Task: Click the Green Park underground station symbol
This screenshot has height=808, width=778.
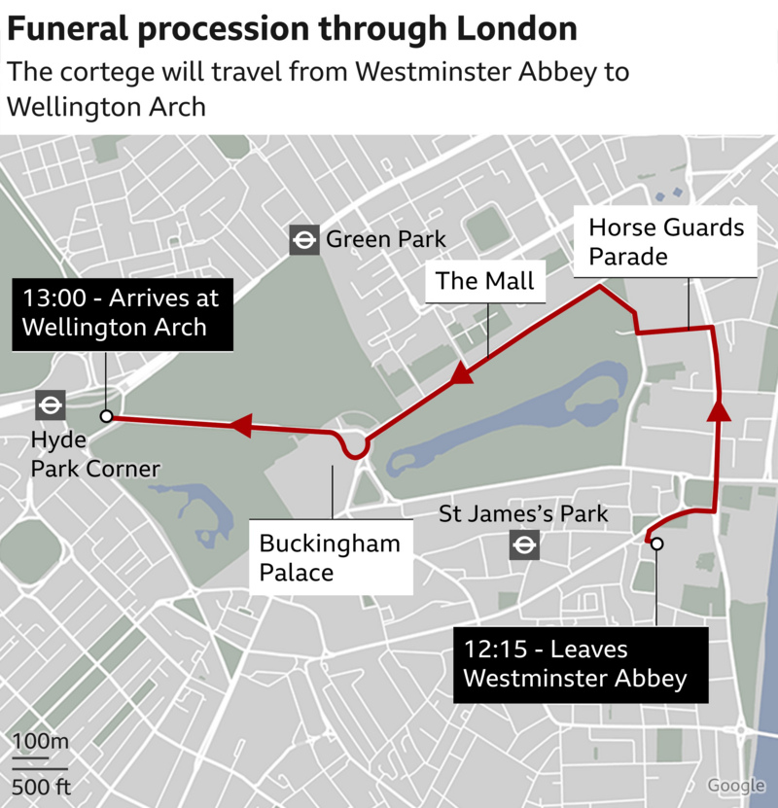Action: pyautogui.click(x=304, y=240)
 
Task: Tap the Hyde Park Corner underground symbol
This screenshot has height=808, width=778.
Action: pyautogui.click(x=50, y=404)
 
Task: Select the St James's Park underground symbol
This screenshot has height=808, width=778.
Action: pyautogui.click(x=524, y=545)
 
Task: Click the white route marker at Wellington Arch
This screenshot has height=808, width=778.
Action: pyautogui.click(x=107, y=416)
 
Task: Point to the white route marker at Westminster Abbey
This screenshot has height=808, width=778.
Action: pyautogui.click(x=656, y=544)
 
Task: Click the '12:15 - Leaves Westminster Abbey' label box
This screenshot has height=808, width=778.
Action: pyautogui.click(x=580, y=663)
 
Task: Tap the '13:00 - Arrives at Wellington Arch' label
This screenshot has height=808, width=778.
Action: pyautogui.click(x=123, y=312)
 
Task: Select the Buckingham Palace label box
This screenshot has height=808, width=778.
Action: pyautogui.click(x=330, y=558)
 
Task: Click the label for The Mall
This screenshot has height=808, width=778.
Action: pyautogui.click(x=485, y=281)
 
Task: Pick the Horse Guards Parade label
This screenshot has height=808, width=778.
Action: pyautogui.click(x=667, y=242)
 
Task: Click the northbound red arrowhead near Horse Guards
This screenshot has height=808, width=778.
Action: pyautogui.click(x=719, y=408)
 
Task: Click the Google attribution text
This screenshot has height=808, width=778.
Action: pyautogui.click(x=736, y=786)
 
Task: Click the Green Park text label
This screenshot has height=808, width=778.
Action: pyautogui.click(x=385, y=239)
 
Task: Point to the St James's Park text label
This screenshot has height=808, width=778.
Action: pyautogui.click(x=523, y=512)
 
